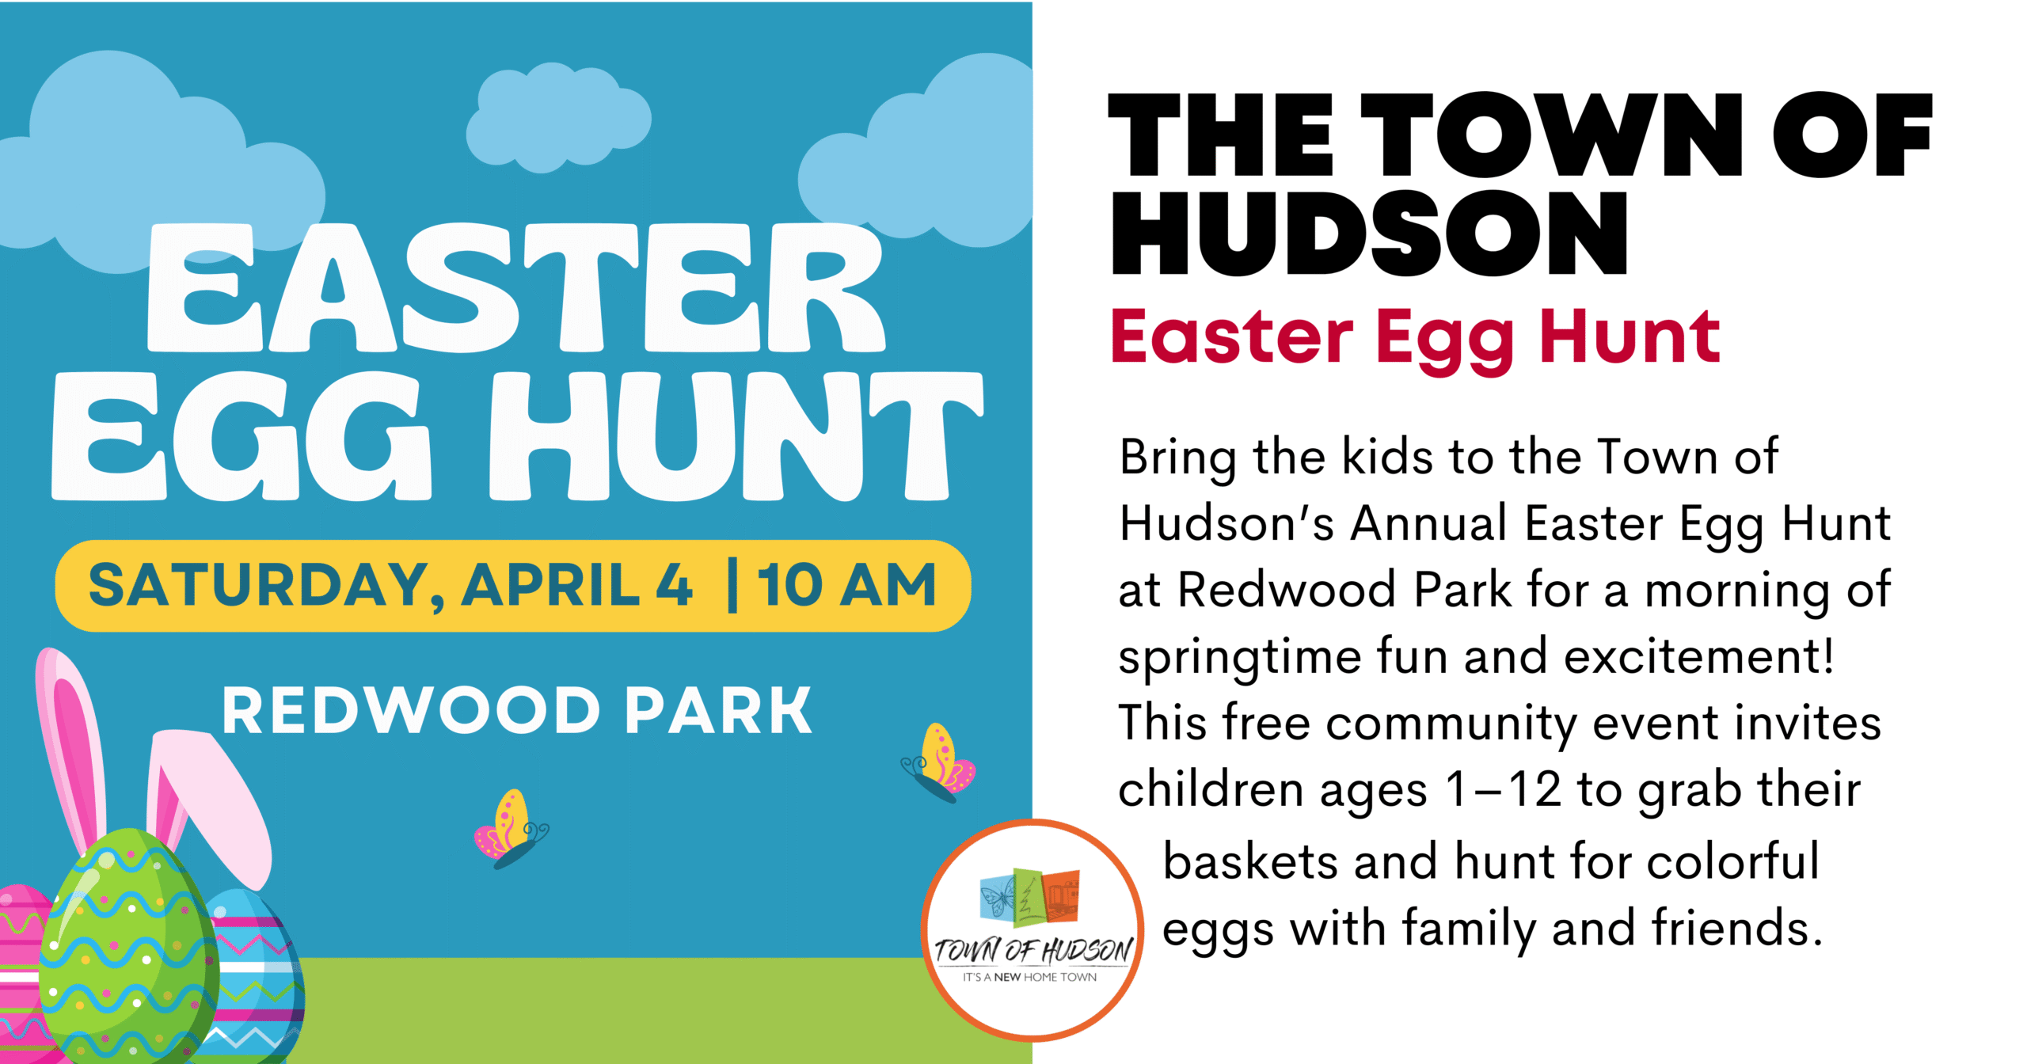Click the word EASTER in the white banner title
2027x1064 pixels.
pyautogui.click(x=516, y=289)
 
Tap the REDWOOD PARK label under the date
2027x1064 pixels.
pyautogui.click(x=517, y=711)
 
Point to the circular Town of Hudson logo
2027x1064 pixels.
pyautogui.click(x=1033, y=930)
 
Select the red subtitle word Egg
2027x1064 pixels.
pyautogui.click(x=1445, y=339)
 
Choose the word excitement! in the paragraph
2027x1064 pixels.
pyautogui.click(x=1698, y=656)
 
